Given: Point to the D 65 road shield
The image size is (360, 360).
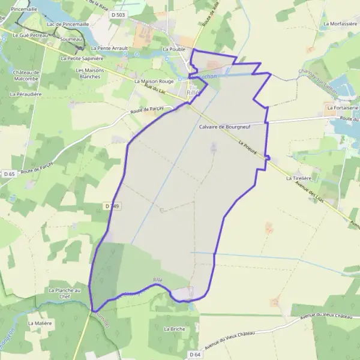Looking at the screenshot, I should [8, 174].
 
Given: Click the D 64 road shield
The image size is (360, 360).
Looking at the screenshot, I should [194, 355].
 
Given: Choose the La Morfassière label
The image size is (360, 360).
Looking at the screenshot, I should [340, 24].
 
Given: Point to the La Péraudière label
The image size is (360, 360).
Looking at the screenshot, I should [26, 94].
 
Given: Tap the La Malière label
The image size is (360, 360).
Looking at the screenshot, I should [40, 323].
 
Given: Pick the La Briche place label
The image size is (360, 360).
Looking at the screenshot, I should [175, 329].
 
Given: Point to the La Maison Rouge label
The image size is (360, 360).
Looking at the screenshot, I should [154, 81].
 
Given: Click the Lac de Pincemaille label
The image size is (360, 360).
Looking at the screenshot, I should [67, 24].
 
